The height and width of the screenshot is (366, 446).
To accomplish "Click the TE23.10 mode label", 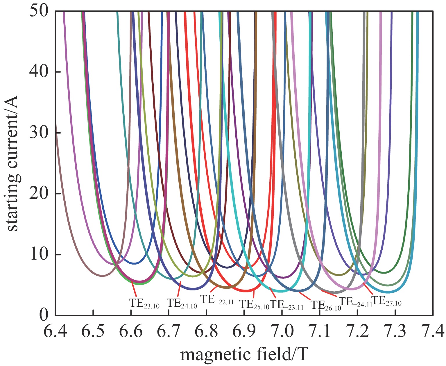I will [x=144, y=303].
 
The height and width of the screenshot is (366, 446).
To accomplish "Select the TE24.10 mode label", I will [x=182, y=303].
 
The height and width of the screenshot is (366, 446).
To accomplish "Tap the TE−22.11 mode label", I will [x=217, y=299].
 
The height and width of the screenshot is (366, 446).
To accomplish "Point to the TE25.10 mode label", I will [x=254, y=304].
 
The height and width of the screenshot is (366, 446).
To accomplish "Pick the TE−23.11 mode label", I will [x=286, y=304].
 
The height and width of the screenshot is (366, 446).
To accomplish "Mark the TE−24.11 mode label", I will [x=356, y=302].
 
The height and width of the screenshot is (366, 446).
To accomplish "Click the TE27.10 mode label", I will [x=387, y=301].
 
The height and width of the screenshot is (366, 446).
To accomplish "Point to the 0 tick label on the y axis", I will [x=44, y=315].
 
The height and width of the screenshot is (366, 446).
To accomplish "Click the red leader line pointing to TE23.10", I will [x=134, y=288].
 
